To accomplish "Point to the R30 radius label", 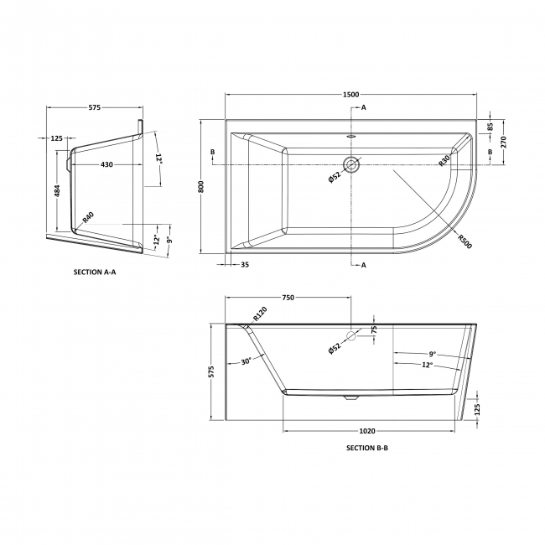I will (444, 158).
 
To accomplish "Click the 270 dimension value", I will (504, 142).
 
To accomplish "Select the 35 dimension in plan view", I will (244, 265).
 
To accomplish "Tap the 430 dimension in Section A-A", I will (106, 164).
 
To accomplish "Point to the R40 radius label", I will (87, 218).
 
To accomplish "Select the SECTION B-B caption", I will (366, 448).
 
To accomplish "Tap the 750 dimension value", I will (288, 298).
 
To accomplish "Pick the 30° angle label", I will (246, 361).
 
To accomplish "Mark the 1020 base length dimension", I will (366, 431).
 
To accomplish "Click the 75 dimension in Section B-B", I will (374, 329).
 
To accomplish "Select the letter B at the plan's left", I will (213, 152).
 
